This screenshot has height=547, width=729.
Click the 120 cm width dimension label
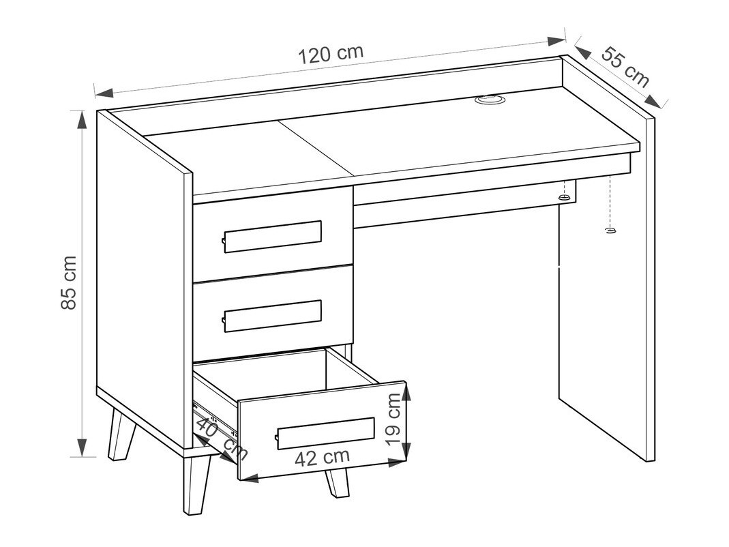point(331,53)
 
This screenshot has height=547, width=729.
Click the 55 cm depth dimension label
point(625,67)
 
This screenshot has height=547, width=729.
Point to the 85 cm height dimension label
point(70,283)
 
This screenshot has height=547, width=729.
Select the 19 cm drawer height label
point(393,419)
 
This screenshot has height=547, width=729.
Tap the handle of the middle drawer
point(272,316)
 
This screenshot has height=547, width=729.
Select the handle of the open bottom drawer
point(325,432)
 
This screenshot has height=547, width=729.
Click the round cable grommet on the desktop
point(489,101)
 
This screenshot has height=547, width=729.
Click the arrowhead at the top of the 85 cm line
point(82,119)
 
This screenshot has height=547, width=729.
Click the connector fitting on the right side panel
point(609,231)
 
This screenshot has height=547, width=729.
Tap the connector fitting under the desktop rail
point(564,197)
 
